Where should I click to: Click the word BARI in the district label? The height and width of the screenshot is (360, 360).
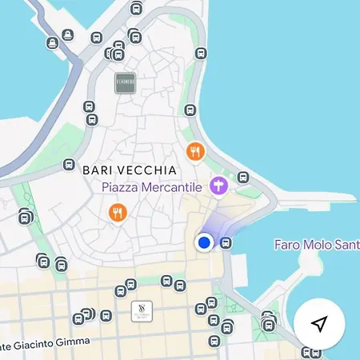coord(98,170)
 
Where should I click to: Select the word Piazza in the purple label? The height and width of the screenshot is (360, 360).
coord(121,187)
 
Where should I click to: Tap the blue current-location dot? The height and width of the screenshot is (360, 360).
coord(204,242)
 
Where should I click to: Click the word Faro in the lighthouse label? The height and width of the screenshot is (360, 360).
coord(287,244)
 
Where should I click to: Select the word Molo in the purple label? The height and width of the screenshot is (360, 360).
coord(320,244)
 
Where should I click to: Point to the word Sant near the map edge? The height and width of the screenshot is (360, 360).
coord(349,244)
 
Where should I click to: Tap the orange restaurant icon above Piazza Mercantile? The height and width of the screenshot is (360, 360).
coord(194,150)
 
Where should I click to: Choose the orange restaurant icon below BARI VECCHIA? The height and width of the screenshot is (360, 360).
coord(118,212)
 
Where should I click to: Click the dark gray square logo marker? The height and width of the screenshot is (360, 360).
coord(126,82)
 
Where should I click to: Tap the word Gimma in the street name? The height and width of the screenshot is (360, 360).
coord(87,342)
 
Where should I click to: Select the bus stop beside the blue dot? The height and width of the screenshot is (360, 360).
coord(226,242)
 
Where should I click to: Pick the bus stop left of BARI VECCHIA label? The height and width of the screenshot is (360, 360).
coord(69,164)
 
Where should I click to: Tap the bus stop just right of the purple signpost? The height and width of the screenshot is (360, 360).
coord(243,178)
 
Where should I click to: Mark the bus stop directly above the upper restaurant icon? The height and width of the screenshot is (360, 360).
coord(190,110)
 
